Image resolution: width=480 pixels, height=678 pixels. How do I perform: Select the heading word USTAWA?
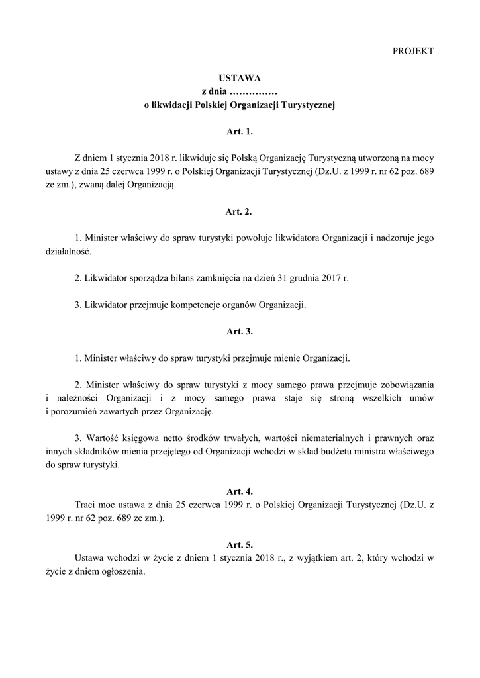(240, 78)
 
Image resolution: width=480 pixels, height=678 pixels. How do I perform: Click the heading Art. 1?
(240, 132)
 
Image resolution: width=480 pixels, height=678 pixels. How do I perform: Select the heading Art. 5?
(240, 545)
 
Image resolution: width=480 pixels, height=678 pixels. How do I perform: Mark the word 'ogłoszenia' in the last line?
(122, 571)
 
